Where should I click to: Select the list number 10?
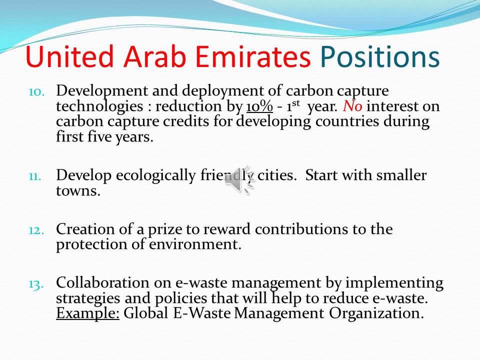[36, 92]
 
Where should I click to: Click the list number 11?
[36, 176]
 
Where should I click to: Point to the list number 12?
[36, 230]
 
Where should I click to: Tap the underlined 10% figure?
[259, 106]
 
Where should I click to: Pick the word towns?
[78, 190]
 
